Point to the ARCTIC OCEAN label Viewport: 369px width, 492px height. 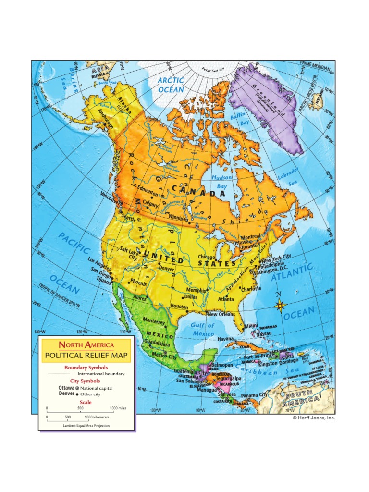[171, 85]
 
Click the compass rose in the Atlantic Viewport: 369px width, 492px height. [281, 304]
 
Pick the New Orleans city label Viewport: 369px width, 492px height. [221, 314]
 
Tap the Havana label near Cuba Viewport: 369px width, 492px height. [225, 338]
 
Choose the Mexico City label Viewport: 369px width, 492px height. [164, 356]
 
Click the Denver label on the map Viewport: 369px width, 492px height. [166, 269]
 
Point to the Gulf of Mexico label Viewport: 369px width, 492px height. [203, 330]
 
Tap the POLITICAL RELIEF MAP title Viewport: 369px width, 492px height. [86, 356]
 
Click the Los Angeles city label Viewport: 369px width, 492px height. [100, 264]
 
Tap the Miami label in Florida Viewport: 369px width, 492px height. [251, 326]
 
